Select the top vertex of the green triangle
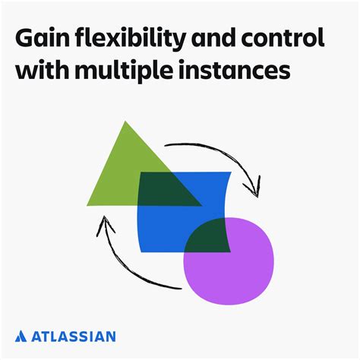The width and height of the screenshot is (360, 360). [125, 122]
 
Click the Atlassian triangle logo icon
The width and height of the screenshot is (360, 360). [22, 335]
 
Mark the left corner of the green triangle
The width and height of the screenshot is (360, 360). [89, 204]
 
